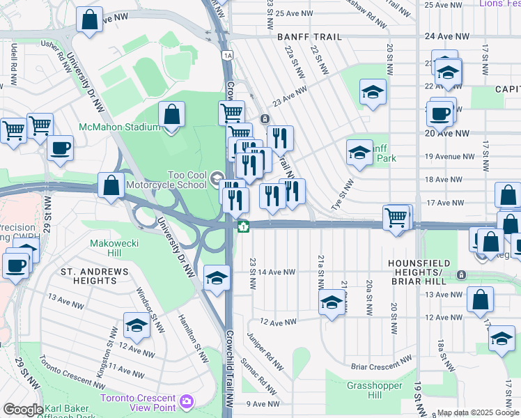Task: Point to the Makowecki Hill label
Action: [116, 243]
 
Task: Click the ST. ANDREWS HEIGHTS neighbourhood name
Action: [88, 275]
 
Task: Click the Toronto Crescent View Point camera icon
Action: [186, 401]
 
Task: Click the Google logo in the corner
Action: [23, 410]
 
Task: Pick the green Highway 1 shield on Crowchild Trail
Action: [243, 226]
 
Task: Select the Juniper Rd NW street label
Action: [265, 351]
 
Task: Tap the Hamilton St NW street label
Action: [192, 337]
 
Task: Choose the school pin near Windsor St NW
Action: [137, 325]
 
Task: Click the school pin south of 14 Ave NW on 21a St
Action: [332, 302]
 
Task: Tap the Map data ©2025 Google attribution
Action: [478, 412]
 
